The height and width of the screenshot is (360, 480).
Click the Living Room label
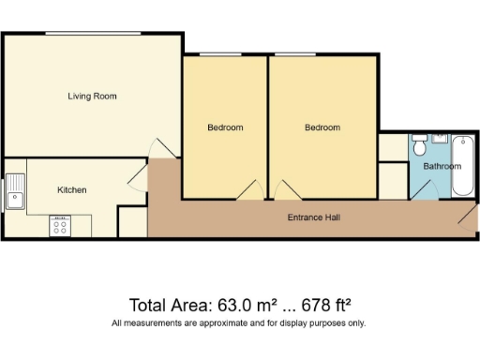[92, 96]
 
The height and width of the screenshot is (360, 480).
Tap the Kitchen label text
[72, 190]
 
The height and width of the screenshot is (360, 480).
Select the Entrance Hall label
[313, 217]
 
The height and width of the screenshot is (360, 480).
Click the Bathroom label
[442, 167]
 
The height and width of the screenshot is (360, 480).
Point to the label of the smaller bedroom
[225, 127]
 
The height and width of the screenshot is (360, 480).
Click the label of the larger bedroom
[322, 127]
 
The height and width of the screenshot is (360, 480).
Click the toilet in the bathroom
[421, 147]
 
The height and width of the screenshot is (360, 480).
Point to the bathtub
[463, 166]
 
